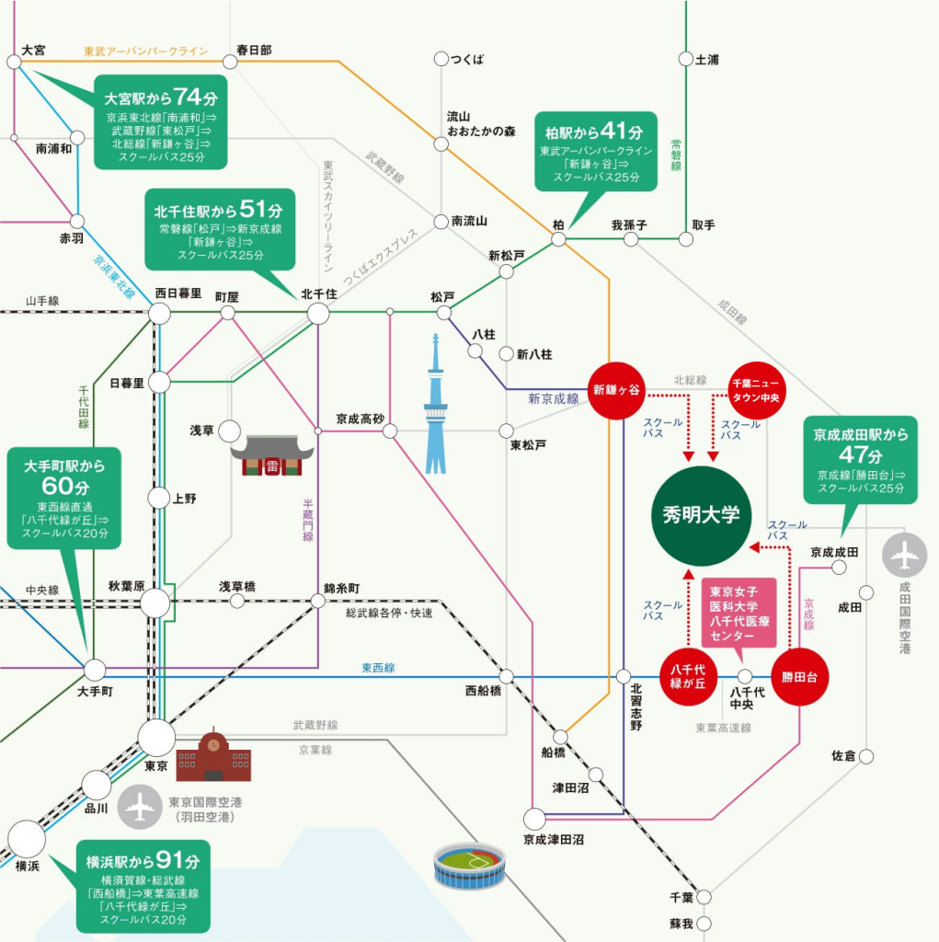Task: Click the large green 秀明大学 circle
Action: (701, 515)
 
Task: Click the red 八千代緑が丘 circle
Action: (688, 677)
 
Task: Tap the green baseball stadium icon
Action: (470, 865)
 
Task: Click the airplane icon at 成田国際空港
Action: (906, 556)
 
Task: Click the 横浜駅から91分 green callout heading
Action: (139, 861)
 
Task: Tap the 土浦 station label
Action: (707, 60)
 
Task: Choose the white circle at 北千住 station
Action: (318, 314)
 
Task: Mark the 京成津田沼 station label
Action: (554, 839)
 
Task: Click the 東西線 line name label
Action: (378, 668)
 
